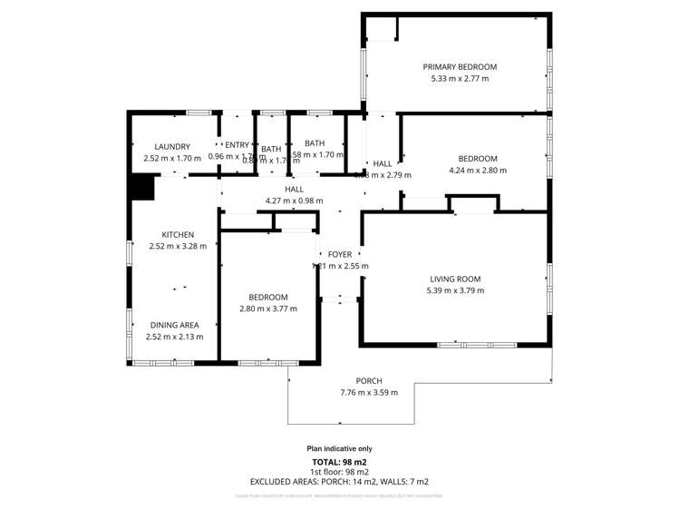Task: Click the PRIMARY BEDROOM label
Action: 460,67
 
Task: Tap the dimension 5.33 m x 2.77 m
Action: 460,79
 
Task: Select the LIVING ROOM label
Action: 455,280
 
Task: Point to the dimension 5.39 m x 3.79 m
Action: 455,291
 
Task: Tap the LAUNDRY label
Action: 172,147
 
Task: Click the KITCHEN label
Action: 178,235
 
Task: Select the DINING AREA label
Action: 174,325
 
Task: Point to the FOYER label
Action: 339,255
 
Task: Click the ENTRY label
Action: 237,145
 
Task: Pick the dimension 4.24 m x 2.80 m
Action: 478,170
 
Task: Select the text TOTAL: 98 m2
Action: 339,462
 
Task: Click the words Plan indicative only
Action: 339,448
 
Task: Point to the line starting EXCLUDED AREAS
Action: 339,482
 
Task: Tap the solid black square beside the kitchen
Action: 141,187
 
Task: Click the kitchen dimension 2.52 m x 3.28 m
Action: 178,246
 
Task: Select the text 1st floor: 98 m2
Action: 339,472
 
